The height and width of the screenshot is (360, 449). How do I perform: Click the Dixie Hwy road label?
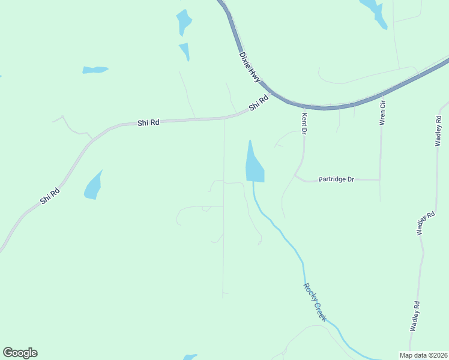(x=250, y=66)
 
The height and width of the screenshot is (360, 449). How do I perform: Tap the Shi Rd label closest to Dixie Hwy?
(x=258, y=103)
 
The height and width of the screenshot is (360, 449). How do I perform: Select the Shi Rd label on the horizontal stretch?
(x=148, y=122)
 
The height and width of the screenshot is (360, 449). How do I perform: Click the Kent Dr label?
(x=304, y=123)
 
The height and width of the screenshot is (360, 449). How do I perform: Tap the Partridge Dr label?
(x=337, y=179)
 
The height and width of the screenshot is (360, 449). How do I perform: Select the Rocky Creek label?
(x=315, y=302)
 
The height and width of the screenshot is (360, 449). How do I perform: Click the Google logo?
(x=20, y=353)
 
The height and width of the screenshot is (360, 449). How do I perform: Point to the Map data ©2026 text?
(x=423, y=355)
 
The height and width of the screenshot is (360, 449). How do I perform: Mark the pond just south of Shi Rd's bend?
(x=93, y=186)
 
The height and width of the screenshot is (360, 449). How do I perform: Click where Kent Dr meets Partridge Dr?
(x=295, y=176)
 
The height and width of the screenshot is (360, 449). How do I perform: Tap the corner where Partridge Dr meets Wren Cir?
(x=380, y=179)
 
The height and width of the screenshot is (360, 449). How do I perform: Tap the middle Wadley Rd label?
(x=426, y=223)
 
